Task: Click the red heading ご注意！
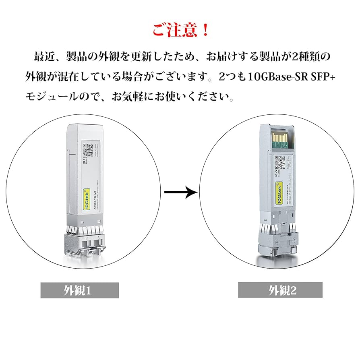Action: coord(180,30)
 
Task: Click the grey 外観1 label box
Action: coord(79,290)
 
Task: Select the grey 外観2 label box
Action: coord(280,290)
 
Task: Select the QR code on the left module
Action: coord(88,150)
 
